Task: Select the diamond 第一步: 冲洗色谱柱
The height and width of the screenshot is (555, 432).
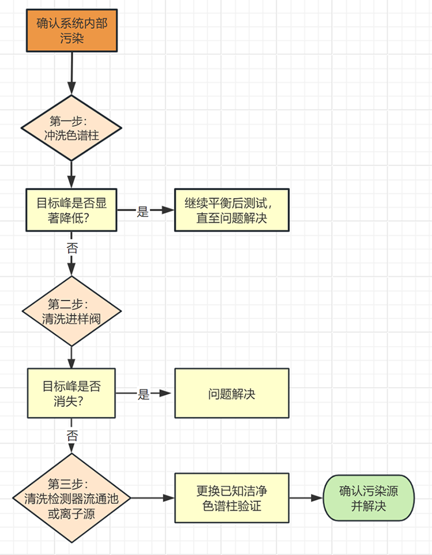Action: (x=72, y=128)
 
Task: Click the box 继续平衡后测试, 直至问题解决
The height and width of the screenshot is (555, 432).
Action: (x=232, y=210)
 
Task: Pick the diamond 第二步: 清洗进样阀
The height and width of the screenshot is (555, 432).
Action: (x=72, y=311)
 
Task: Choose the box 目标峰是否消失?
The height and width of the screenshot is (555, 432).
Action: (x=71, y=393)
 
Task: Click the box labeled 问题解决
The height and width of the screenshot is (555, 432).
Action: (x=232, y=393)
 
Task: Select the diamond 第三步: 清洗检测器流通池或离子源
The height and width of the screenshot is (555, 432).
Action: (x=72, y=497)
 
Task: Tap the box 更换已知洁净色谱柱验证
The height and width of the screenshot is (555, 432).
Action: (x=232, y=497)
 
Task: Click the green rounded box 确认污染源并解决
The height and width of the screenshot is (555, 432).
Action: (x=369, y=497)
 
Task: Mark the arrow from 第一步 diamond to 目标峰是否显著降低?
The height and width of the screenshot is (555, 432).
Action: (x=72, y=171)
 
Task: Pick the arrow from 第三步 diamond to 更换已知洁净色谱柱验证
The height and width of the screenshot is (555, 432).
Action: (x=153, y=497)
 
